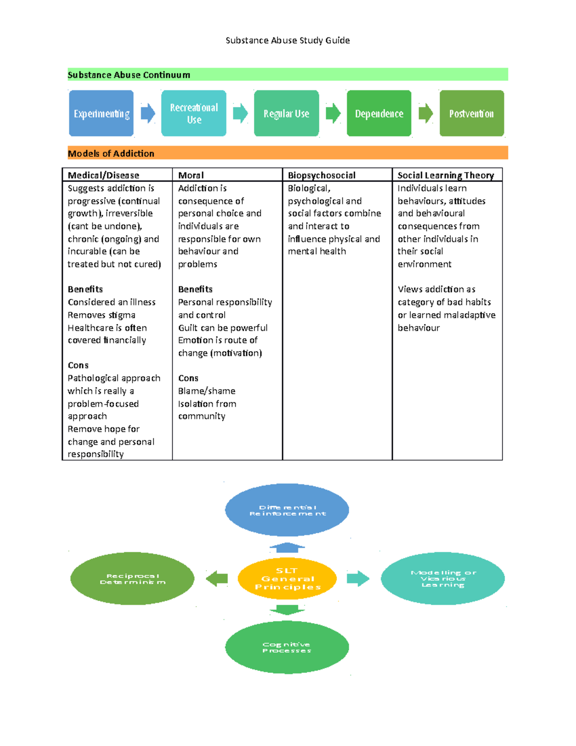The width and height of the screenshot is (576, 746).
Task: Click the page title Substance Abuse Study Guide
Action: point(288,40)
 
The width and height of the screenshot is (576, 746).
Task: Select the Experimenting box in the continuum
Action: point(101,113)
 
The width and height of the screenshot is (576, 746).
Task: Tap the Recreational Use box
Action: point(194,113)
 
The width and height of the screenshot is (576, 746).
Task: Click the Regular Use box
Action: point(286,113)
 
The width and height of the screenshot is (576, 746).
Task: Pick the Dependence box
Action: point(379,113)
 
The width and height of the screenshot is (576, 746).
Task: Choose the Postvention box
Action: point(471,113)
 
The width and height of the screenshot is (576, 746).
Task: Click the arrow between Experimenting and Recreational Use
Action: point(148,113)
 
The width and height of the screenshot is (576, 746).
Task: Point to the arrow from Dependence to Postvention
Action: point(426,113)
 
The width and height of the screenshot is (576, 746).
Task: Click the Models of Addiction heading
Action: point(111,153)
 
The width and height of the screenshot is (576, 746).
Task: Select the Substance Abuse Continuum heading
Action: point(129,74)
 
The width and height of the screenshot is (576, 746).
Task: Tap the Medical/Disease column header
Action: point(103,175)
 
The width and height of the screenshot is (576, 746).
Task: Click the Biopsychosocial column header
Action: point(322,175)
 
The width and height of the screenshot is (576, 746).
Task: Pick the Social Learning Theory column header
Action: point(445,175)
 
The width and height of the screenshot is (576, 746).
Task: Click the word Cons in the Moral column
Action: point(188,378)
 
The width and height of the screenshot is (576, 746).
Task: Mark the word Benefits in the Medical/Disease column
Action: point(85,289)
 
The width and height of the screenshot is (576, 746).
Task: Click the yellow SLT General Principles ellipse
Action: point(287,578)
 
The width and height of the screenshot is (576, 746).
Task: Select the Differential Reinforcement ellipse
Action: point(287,510)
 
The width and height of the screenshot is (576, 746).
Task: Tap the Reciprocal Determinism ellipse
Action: point(132,578)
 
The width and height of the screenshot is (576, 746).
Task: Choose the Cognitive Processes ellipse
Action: point(287,647)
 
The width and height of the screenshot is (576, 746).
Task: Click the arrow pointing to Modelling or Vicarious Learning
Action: point(358,578)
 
